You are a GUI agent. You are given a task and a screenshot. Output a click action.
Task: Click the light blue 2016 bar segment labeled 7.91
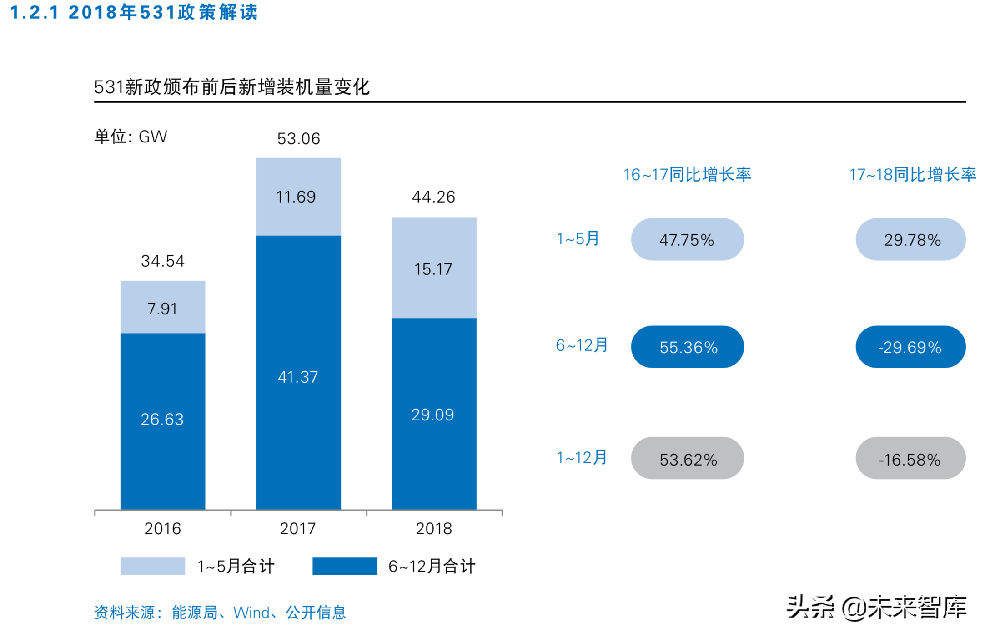pyautogui.click(x=162, y=307)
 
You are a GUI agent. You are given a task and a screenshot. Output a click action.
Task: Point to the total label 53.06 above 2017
pyautogui.click(x=298, y=138)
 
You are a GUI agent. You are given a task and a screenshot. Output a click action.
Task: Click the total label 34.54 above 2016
pyautogui.click(x=162, y=261)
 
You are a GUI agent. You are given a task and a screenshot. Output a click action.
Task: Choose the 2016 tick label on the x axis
pyautogui.click(x=162, y=528)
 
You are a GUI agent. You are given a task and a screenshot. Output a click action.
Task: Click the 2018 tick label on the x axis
pyautogui.click(x=433, y=528)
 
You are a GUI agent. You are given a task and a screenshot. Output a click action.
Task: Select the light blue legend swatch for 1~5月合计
pyautogui.click(x=152, y=566)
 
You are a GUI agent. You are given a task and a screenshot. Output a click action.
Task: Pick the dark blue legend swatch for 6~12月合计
pyautogui.click(x=344, y=566)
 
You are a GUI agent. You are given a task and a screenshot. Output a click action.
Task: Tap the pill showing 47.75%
pyautogui.click(x=687, y=239)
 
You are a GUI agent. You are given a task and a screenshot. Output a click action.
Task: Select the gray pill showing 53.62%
pyautogui.click(x=687, y=458)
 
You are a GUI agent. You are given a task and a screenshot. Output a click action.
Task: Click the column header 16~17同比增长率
pyautogui.click(x=687, y=174)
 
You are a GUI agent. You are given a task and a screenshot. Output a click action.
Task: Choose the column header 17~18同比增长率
pyautogui.click(x=912, y=174)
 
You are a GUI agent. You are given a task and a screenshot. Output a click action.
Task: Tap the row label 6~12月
pyautogui.click(x=581, y=345)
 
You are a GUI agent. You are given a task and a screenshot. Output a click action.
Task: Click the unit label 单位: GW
pyautogui.click(x=131, y=137)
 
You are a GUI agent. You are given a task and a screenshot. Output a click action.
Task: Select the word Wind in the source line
pyautogui.click(x=251, y=613)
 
